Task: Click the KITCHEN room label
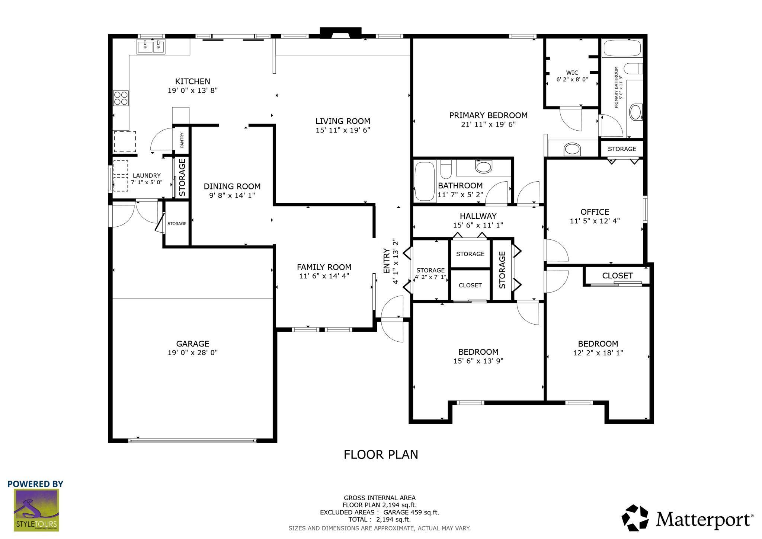point(192,81)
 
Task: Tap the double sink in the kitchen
point(151,47)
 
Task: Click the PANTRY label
point(182,141)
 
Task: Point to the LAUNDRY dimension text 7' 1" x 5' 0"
point(147,182)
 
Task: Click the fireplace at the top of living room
point(340,33)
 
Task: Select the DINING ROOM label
point(232,186)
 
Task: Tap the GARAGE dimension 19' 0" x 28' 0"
point(192,353)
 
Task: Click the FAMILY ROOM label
point(324,267)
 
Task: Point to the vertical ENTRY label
point(386,261)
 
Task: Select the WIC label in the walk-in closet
point(572,73)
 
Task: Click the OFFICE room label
point(595,212)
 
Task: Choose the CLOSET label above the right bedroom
point(617,275)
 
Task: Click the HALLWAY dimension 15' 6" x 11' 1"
point(478,225)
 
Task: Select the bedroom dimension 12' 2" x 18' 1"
point(598,353)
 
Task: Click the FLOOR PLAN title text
point(381,455)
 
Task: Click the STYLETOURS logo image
point(36,510)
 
